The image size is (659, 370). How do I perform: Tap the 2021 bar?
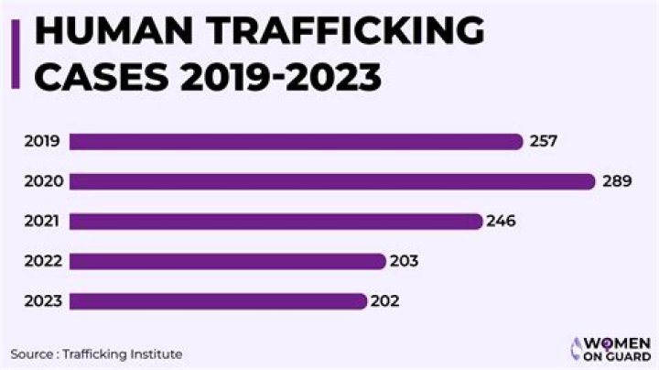pos(275,221)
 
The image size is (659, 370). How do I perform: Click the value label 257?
pos(544,141)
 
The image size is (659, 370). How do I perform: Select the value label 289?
pos(617,181)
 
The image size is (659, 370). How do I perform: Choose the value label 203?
pos(404,261)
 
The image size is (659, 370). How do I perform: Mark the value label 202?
pos(384,300)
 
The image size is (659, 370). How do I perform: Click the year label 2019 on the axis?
pos(43,141)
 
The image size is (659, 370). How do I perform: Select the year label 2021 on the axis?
pos(43,221)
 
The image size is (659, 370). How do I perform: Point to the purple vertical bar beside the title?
pos(15,52)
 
